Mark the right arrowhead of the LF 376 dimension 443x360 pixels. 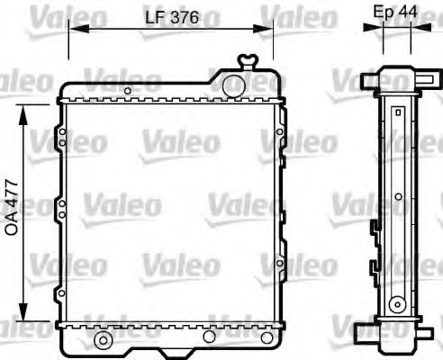pyautogui.click(x=267, y=29)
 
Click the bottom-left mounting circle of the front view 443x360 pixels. pyautogui.click(x=103, y=340)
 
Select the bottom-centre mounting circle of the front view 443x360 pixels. pyautogui.click(x=209, y=337)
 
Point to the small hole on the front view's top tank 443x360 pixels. pyautogui.click(x=233, y=84)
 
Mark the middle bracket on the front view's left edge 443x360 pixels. pyautogui.click(x=59, y=210)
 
